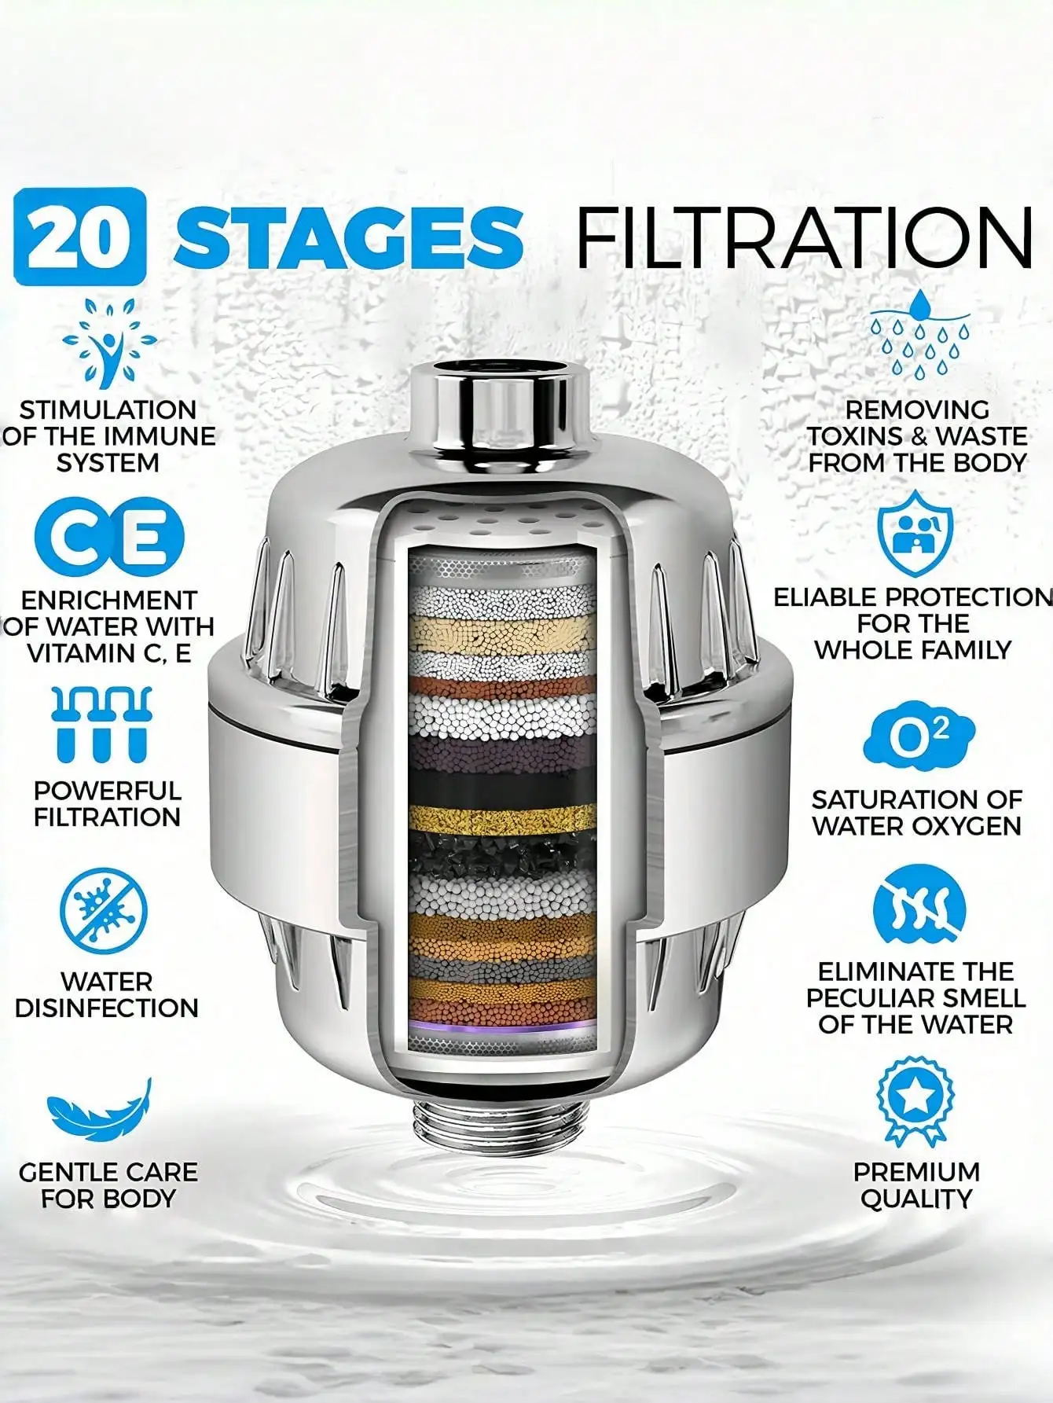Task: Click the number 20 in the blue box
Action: (x=80, y=236)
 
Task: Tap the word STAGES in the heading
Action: (x=348, y=236)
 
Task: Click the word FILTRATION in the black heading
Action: (x=803, y=236)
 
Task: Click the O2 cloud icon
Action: (x=918, y=734)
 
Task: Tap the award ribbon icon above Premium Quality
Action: (x=915, y=1100)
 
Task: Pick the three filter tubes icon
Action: (x=101, y=724)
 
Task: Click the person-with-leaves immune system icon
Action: (x=109, y=343)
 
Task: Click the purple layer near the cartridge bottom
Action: (x=503, y=1027)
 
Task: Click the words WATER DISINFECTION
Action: (x=107, y=994)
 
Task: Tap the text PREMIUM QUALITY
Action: (x=916, y=1184)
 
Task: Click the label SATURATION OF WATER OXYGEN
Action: (x=916, y=812)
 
